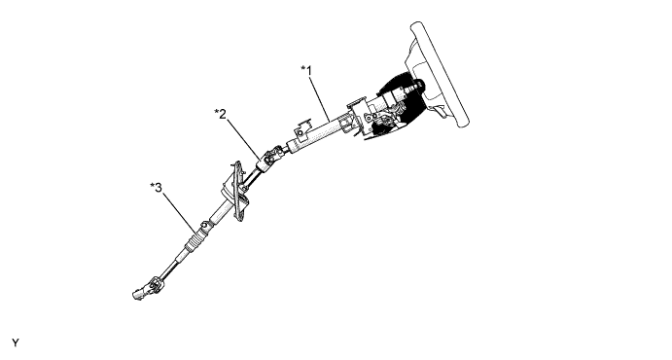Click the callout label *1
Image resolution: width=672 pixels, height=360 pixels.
click(306, 70)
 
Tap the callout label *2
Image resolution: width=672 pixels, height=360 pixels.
click(220, 115)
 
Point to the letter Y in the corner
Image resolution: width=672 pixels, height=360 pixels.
click(15, 343)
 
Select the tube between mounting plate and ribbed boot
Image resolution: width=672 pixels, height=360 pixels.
click(216, 213)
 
